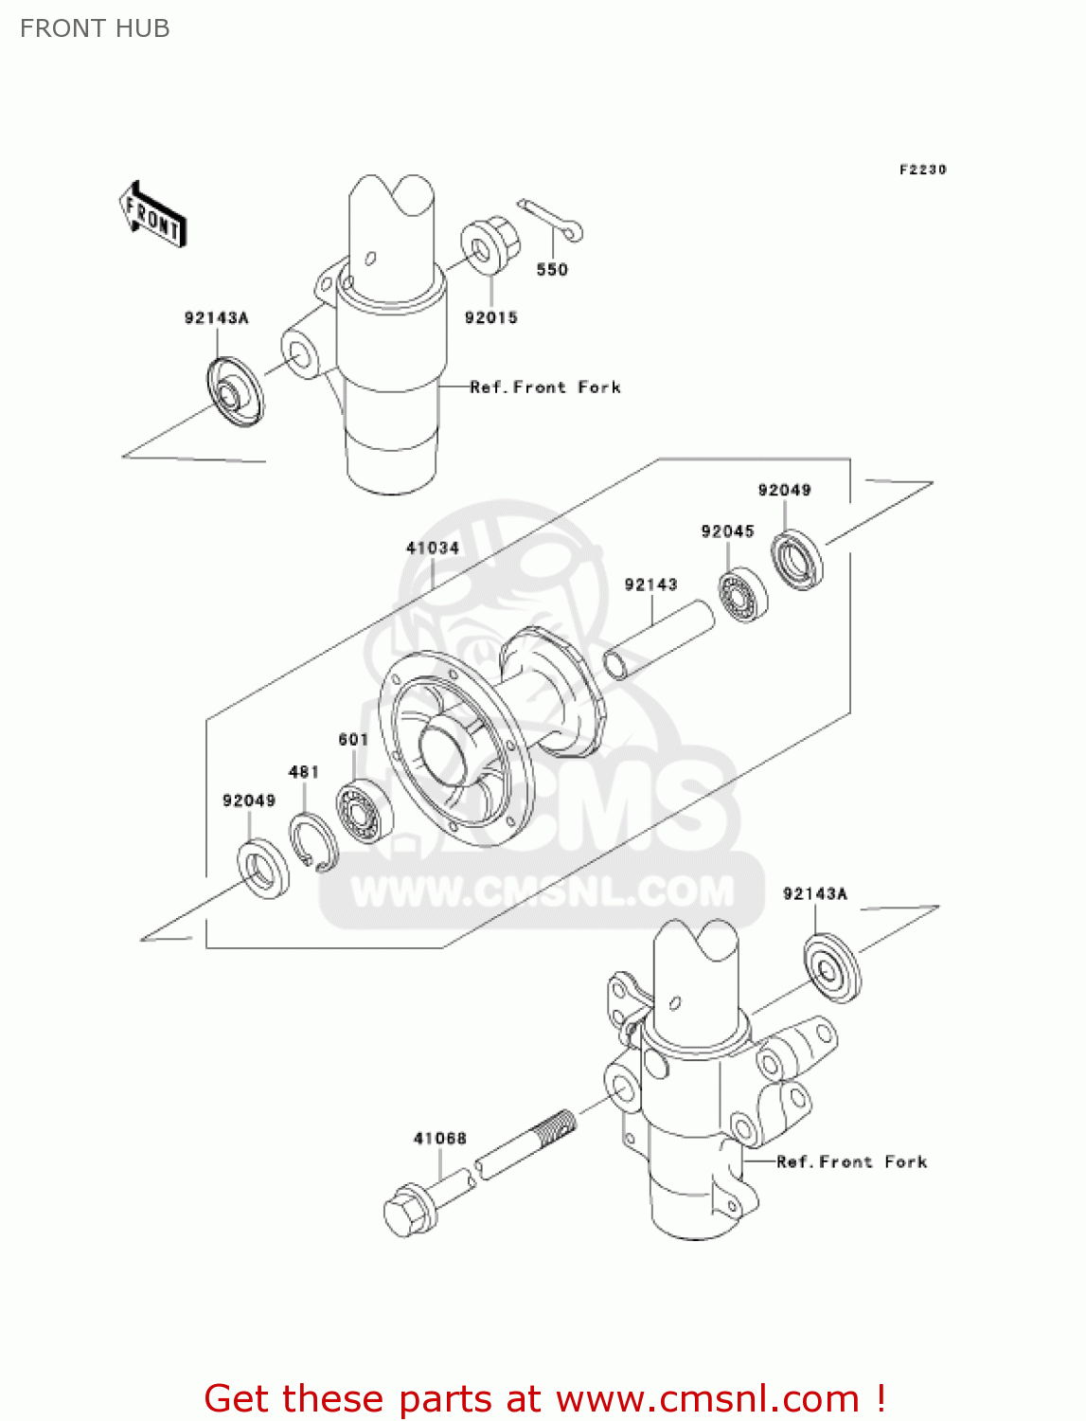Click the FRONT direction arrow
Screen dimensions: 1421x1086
[x=152, y=216]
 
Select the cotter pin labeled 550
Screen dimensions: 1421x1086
[x=550, y=219]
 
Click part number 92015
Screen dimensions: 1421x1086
[x=490, y=318]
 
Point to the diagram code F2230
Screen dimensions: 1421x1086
[x=922, y=170]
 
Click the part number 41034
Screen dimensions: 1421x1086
[x=433, y=548]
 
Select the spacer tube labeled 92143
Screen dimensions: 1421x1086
[x=659, y=640]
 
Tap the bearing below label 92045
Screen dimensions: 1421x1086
[x=743, y=594]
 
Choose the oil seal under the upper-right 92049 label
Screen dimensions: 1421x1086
[x=796, y=560]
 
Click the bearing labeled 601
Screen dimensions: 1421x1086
[x=364, y=811]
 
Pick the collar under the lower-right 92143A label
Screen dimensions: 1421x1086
[x=832, y=967]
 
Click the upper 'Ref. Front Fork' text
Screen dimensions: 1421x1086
[x=545, y=387]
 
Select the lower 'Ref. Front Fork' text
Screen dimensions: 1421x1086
[x=851, y=1162]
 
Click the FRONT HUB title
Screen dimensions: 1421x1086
[x=95, y=28]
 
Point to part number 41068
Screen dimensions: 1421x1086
[x=439, y=1139]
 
